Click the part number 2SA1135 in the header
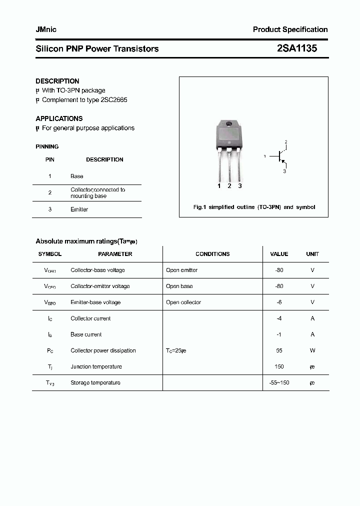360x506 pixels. (x=296, y=48)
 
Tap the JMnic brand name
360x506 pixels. (x=46, y=29)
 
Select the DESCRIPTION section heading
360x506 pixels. (x=57, y=81)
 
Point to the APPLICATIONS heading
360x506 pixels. (x=59, y=118)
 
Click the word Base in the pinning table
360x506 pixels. (x=77, y=176)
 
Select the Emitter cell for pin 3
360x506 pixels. (x=79, y=209)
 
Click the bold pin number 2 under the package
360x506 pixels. (x=229, y=186)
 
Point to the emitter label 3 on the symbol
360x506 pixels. (x=284, y=171)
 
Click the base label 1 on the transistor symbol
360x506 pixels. (x=264, y=156)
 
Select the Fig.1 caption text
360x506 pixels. (x=254, y=207)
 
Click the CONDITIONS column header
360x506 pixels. (x=212, y=254)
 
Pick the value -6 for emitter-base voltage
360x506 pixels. (x=279, y=302)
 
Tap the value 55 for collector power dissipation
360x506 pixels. (x=279, y=350)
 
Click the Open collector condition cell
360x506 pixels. (x=183, y=302)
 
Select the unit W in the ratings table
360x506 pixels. (x=312, y=350)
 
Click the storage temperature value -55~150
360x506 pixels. (x=279, y=382)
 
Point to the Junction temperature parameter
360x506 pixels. (x=96, y=366)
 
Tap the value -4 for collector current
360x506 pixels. (x=279, y=318)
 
